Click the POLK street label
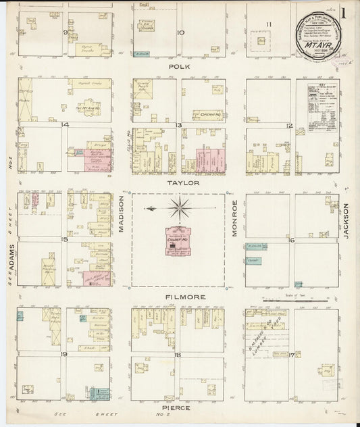(178, 68)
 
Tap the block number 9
(66, 32)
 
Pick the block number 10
(180, 32)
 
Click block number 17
(291, 353)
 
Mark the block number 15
(65, 239)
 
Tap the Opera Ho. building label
(207, 116)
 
